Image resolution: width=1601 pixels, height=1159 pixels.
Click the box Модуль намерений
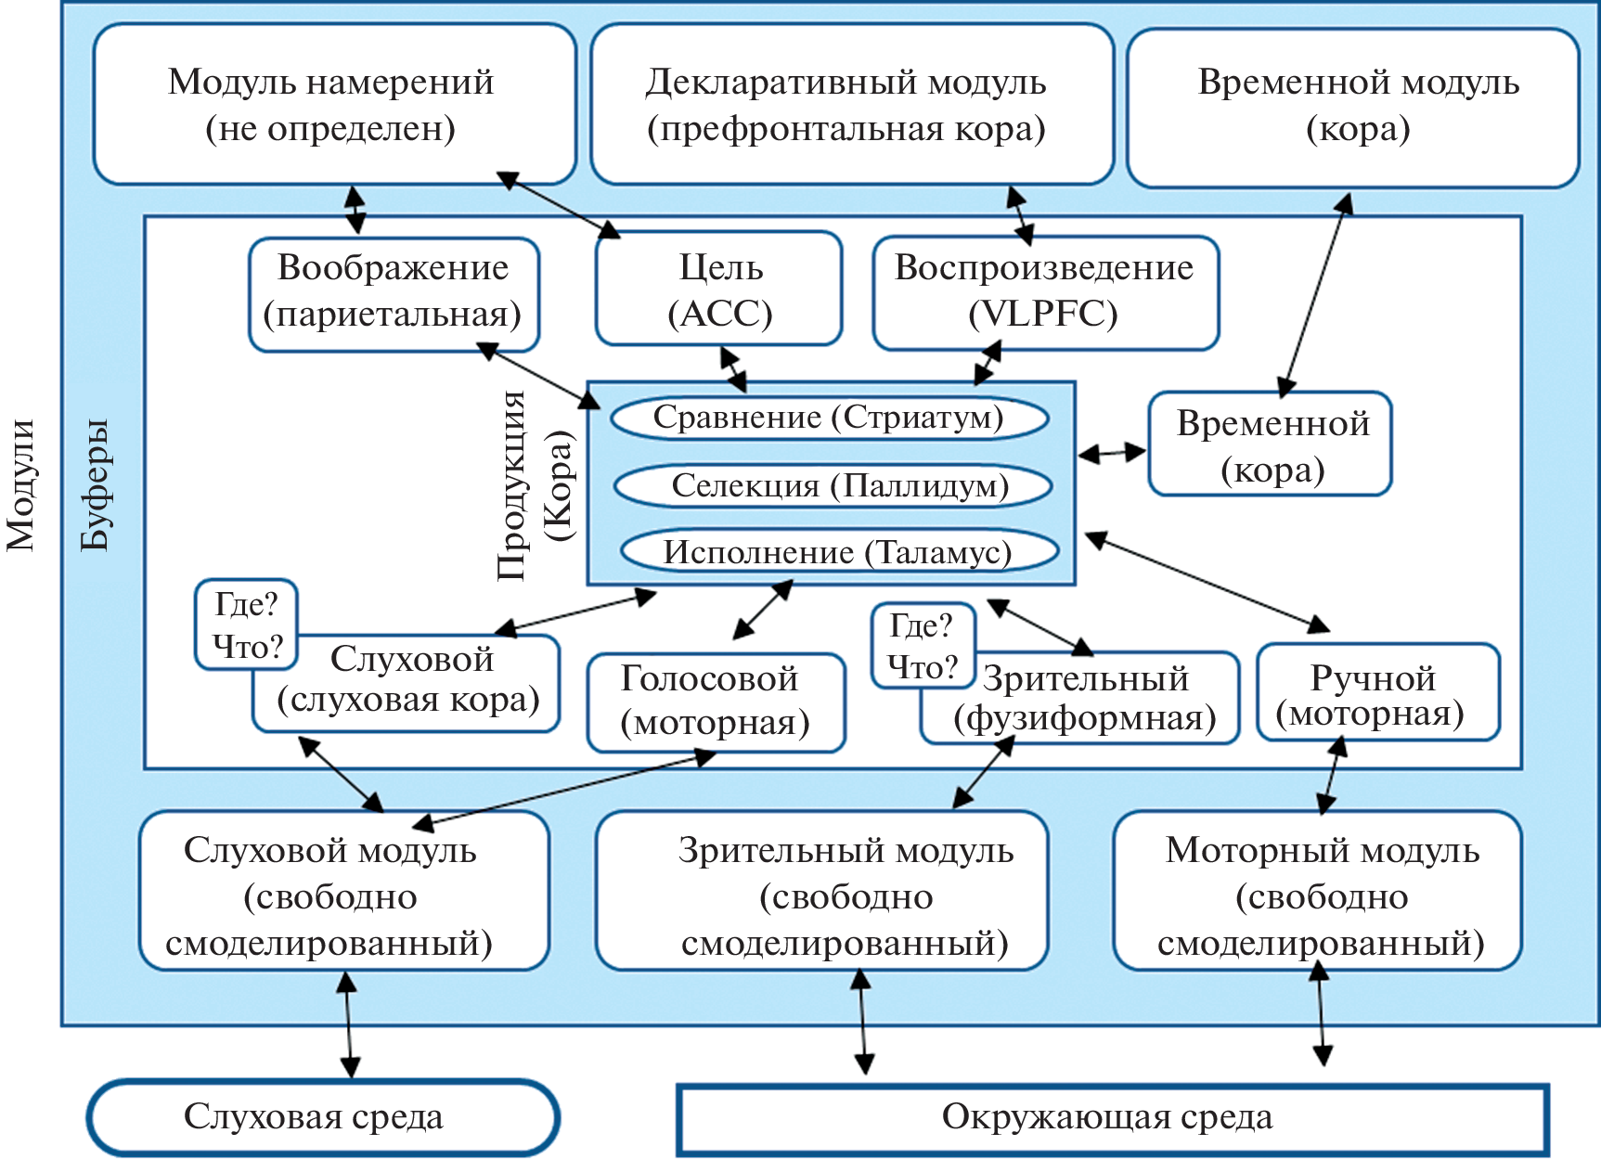coord(334,104)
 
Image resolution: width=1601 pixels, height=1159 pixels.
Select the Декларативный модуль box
coord(850,104)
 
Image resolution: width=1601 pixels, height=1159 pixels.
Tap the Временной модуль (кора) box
coord(1353,106)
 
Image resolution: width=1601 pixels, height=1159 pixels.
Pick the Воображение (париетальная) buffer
coord(394,293)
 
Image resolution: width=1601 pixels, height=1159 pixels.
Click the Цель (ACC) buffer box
coord(719,290)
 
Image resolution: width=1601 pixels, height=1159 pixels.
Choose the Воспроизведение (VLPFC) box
coord(1045,291)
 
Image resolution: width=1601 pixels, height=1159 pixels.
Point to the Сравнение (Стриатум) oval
coord(829,418)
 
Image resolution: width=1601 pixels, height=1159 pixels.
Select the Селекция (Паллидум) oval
coord(833,485)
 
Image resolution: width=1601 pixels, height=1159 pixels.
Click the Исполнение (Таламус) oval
coord(839,552)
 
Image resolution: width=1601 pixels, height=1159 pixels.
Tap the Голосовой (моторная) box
coord(716,702)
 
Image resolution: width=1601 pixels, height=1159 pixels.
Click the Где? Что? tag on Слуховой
coord(246,625)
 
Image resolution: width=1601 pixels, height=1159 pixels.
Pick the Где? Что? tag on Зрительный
coord(923,646)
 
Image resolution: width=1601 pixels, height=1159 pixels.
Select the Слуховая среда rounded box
coord(323,1117)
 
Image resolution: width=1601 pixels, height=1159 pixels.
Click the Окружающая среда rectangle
coord(1112,1118)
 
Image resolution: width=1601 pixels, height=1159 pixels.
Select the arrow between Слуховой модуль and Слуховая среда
coord(348,1024)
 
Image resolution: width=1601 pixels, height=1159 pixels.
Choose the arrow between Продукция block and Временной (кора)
coord(1112,453)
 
